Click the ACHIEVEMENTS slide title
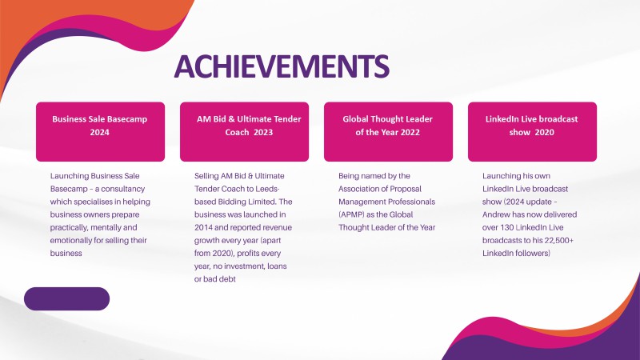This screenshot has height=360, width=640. pos(282,66)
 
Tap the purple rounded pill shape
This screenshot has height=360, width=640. pos(67,298)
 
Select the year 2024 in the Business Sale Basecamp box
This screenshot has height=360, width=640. pos(99,132)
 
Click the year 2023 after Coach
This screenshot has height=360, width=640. pos(263,132)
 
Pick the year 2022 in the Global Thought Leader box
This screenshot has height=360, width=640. pos(410,132)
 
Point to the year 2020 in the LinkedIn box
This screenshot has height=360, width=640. pos(545,132)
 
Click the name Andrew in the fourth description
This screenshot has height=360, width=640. pos(495,214)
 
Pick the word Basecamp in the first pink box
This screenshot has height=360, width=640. pos(130,119)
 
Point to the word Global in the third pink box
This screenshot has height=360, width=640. pos(355,119)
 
